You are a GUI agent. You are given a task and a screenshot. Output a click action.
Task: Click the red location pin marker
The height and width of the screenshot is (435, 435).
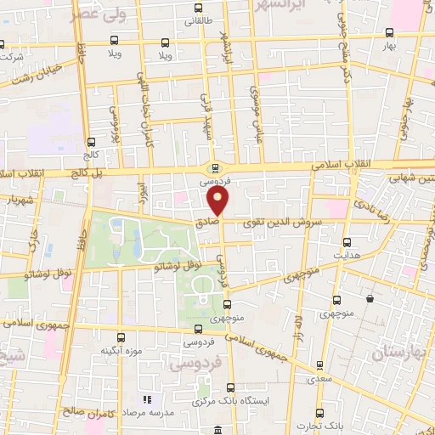218,201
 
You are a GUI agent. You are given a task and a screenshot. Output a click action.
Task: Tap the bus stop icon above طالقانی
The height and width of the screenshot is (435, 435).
197,8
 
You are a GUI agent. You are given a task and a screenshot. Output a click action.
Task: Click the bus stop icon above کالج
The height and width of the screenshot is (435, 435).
91,142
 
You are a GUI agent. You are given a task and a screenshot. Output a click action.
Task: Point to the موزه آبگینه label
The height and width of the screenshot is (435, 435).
120,350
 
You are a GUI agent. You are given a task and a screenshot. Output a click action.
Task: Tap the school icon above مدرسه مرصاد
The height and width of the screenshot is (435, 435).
145,398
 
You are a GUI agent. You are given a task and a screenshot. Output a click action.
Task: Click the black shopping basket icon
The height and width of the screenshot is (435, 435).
370,299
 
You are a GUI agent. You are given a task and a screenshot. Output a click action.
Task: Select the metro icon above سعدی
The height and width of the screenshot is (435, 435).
319,367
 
